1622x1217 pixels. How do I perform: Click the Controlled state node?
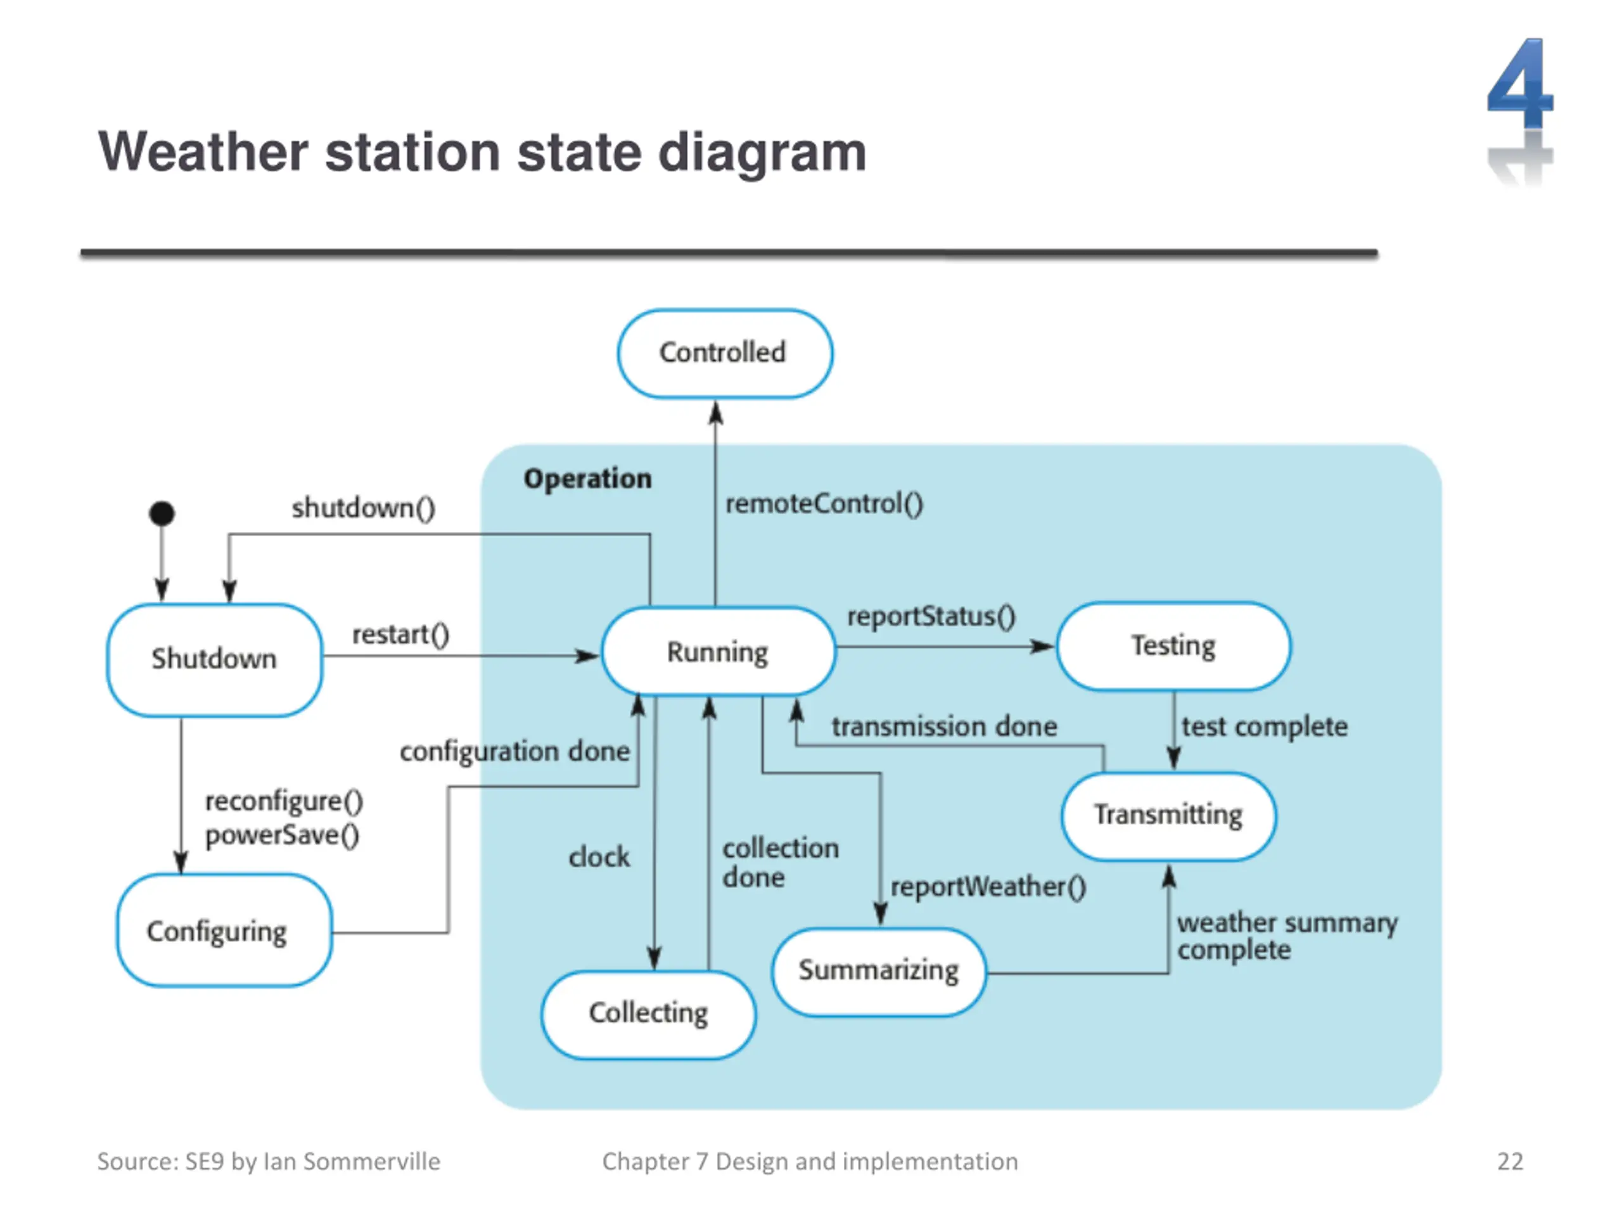(x=724, y=354)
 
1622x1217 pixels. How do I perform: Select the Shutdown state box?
(x=214, y=659)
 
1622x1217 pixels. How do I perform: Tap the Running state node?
(x=718, y=652)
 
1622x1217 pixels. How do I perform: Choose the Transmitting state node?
(x=1169, y=816)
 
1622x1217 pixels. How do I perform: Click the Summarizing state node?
(x=878, y=971)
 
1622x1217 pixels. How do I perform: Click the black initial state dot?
(x=162, y=513)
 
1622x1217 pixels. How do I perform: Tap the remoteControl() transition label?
(x=824, y=504)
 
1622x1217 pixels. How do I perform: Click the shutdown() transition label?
(x=364, y=508)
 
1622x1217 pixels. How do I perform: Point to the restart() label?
(x=400, y=634)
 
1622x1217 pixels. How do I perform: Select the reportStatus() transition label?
(x=931, y=616)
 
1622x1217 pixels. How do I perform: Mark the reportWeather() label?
(x=988, y=887)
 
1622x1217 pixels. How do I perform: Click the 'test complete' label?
(x=1265, y=727)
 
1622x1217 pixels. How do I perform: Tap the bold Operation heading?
(x=587, y=479)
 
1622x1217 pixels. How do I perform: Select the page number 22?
(x=1510, y=1161)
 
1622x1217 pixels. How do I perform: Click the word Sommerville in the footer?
(x=372, y=1161)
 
